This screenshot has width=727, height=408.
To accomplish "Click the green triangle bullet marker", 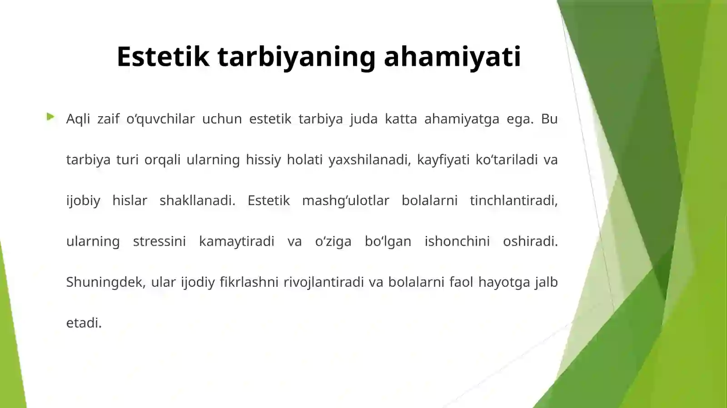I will [x=50, y=117].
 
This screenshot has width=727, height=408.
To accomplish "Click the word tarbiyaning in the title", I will [x=297, y=57].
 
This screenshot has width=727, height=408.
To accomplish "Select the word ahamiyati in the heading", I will [x=452, y=57].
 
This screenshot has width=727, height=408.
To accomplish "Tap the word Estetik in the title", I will [x=163, y=57].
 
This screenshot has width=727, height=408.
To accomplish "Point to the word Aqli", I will [x=78, y=119].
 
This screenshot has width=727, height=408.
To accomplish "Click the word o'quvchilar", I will [x=160, y=119].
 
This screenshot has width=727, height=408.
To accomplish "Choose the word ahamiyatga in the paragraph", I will [x=462, y=119].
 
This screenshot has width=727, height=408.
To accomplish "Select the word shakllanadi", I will [x=197, y=201].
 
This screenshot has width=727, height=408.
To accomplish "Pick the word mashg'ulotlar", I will [x=345, y=201].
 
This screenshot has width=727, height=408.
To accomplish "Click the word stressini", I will [x=159, y=241].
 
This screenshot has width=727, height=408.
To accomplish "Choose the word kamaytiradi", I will [x=237, y=241].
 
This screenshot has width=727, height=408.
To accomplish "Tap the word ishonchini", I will [x=457, y=241].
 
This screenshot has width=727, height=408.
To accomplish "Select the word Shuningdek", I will [x=106, y=282].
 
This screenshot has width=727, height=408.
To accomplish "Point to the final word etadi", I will [x=84, y=323].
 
